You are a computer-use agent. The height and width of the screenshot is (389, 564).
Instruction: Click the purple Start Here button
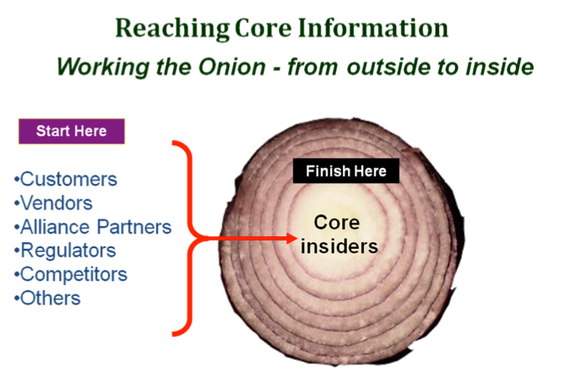click(71, 132)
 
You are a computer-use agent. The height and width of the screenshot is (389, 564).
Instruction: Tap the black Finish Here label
click(345, 171)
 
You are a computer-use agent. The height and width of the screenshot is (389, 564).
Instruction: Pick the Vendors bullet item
click(54, 203)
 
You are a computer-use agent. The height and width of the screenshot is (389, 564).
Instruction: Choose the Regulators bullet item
click(65, 251)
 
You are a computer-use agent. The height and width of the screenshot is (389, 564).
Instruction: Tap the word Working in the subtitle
click(95, 67)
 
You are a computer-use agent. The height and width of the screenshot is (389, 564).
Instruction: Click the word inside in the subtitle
click(502, 67)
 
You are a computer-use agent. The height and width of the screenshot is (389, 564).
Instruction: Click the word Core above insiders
click(337, 224)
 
